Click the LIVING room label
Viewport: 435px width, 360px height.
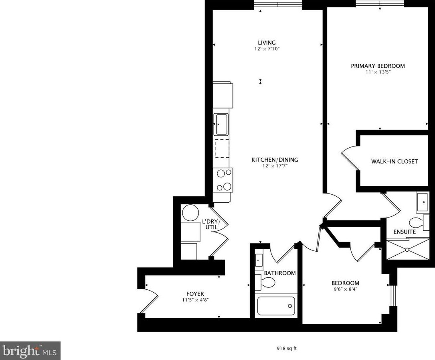point(267,43)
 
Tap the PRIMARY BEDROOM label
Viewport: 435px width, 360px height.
point(378,66)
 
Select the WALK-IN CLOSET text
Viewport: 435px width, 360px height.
point(395,161)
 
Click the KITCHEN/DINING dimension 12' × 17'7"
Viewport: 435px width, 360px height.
point(275,166)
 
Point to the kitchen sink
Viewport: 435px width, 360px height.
point(221,124)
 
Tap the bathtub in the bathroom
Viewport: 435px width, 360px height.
point(276,306)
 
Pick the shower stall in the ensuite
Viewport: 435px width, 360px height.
point(407,249)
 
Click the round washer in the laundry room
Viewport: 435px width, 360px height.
point(190,213)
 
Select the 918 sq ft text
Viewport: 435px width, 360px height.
point(286,348)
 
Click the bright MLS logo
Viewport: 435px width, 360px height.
point(30,351)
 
